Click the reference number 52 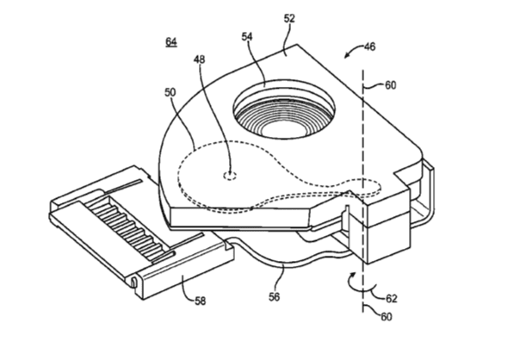[x=289, y=18]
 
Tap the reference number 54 [x=247, y=36]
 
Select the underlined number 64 [x=171, y=42]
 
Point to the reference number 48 [x=199, y=59]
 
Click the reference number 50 [x=170, y=92]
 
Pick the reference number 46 [x=369, y=47]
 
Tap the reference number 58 [x=201, y=301]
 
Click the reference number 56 [x=274, y=296]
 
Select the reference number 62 [x=391, y=298]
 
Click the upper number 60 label [x=390, y=85]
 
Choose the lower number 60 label [x=387, y=317]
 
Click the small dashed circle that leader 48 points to [x=230, y=176]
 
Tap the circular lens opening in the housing [x=284, y=109]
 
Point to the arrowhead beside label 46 [x=347, y=55]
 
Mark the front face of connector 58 [x=185, y=272]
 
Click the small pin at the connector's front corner [x=133, y=282]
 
